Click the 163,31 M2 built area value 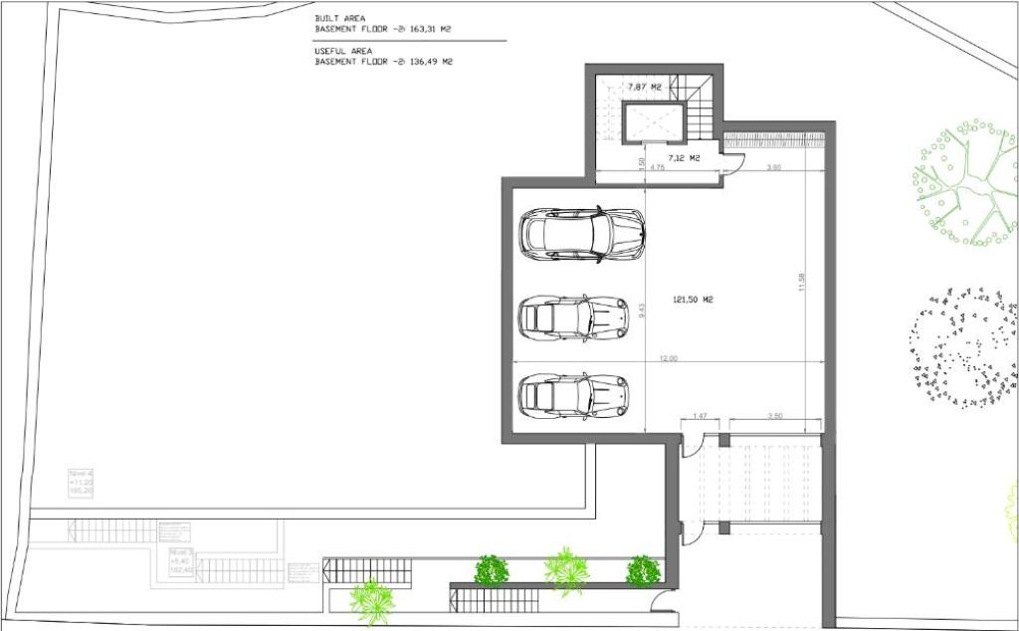pyautogui.click(x=430, y=30)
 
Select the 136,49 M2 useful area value pyautogui.click(x=430, y=62)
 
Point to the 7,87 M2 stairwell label pyautogui.click(x=645, y=88)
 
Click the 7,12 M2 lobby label pyautogui.click(x=684, y=158)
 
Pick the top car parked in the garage pyautogui.click(x=582, y=234)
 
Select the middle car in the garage pyautogui.click(x=573, y=316)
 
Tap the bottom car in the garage pyautogui.click(x=573, y=394)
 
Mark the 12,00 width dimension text pyautogui.click(x=667, y=359)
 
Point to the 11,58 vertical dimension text pyautogui.click(x=800, y=283)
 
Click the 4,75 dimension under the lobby pyautogui.click(x=657, y=168)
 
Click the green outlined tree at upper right pyautogui.click(x=965, y=183)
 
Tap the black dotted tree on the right pyautogui.click(x=962, y=347)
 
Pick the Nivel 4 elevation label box pyautogui.click(x=81, y=481)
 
